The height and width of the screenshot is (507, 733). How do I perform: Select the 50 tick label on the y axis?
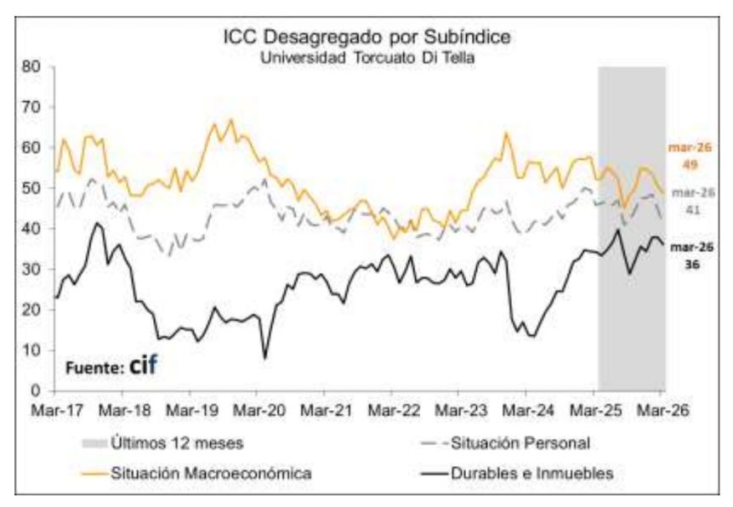pyautogui.click(x=34, y=188)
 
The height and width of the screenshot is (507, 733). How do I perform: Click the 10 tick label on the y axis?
pyautogui.click(x=34, y=350)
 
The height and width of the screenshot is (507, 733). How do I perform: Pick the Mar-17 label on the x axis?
pyautogui.click(x=54, y=408)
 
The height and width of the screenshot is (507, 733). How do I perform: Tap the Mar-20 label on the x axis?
pyautogui.click(x=256, y=408)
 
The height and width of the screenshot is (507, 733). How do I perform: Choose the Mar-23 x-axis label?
pyautogui.click(x=458, y=408)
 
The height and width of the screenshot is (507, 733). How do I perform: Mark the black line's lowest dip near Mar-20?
pyautogui.click(x=265, y=357)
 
